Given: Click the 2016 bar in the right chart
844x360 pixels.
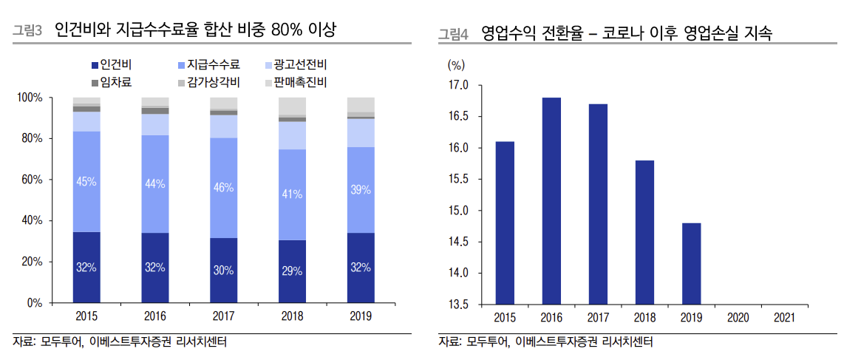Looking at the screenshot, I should pos(551,200).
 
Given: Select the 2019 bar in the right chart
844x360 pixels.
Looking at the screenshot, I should pos(690,262).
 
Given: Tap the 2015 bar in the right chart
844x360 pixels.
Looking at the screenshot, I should pos(505,222).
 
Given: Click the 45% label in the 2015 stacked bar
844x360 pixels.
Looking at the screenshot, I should pos(86,182).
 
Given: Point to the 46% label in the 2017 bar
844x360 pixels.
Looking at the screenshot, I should pos(224,188).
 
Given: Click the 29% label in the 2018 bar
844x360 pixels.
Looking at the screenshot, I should pos(292,271).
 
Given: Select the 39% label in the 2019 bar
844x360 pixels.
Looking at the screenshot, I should pos(360,190).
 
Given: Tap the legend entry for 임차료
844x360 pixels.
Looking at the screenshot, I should pos(112,81).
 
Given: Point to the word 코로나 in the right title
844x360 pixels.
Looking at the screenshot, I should pos(626,33).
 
